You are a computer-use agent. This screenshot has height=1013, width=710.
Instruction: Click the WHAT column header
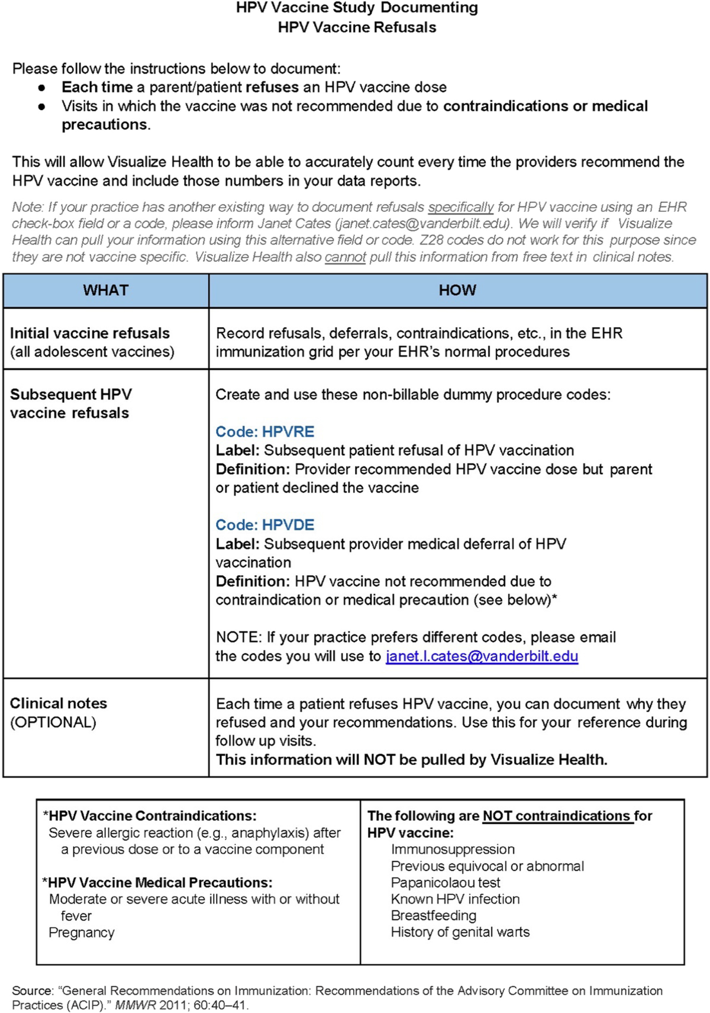point(106,290)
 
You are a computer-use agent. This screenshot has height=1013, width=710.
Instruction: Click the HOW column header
point(457,290)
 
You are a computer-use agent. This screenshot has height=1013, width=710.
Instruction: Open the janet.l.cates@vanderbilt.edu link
point(482,656)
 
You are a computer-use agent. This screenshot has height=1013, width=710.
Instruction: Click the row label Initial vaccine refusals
point(90,333)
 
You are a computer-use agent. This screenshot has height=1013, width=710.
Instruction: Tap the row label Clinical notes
point(59,704)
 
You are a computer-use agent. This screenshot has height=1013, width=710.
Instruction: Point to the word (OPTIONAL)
point(53,722)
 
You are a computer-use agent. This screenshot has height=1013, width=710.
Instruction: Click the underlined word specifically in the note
point(461,207)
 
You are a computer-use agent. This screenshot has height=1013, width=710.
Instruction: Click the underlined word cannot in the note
point(345,257)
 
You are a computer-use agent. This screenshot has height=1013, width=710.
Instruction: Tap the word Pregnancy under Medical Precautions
point(82,933)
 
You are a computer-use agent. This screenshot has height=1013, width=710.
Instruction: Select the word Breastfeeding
point(433,915)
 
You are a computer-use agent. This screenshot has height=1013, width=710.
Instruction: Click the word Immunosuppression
point(453,849)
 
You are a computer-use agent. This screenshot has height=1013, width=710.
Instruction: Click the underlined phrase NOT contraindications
point(557,816)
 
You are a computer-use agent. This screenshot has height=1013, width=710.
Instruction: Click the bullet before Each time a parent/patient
point(42,88)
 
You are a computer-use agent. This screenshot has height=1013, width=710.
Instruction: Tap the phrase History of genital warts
point(460,932)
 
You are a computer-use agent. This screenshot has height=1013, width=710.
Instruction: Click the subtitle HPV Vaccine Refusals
point(357,27)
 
